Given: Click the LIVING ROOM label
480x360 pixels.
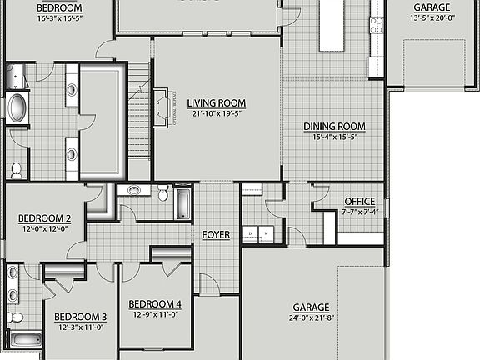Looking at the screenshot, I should (x=217, y=103).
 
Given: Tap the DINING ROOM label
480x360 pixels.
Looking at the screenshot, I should (x=334, y=127).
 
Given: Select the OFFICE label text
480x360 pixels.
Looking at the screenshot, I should (x=360, y=202).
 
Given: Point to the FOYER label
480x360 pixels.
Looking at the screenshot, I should (x=216, y=235).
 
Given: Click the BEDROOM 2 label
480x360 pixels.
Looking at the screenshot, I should (x=45, y=218).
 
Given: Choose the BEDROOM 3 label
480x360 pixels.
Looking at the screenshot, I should (x=81, y=317).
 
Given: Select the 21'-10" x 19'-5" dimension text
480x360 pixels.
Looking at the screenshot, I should (x=217, y=114).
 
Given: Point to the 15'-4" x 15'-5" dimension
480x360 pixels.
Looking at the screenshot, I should (x=334, y=137).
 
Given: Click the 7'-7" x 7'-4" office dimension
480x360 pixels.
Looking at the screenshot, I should (x=360, y=212).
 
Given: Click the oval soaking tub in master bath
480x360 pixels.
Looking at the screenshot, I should (x=17, y=109).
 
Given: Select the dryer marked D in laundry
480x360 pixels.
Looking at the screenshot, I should (x=248, y=234).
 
